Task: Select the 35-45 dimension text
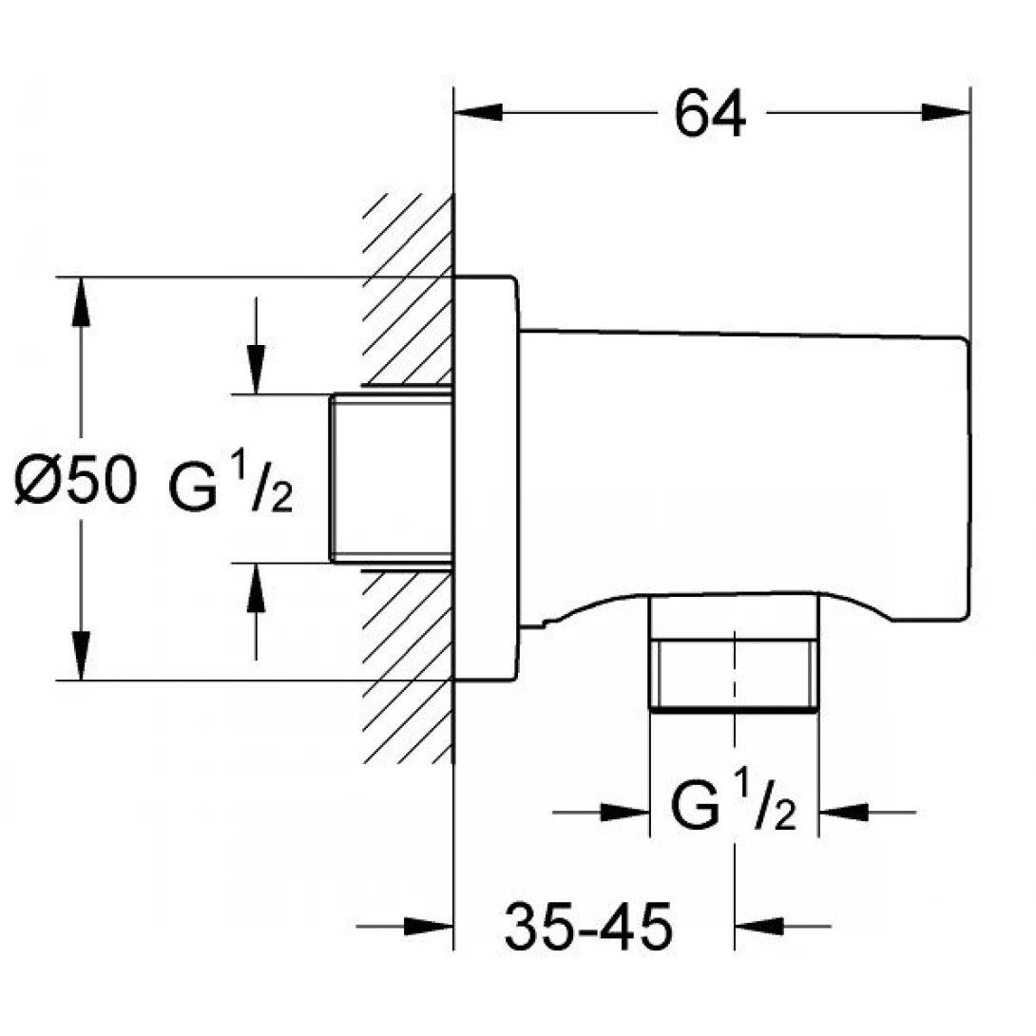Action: point(588,926)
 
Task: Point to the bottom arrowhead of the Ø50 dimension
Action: point(83,656)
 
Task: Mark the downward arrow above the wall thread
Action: point(256,366)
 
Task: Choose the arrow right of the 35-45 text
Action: point(760,926)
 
